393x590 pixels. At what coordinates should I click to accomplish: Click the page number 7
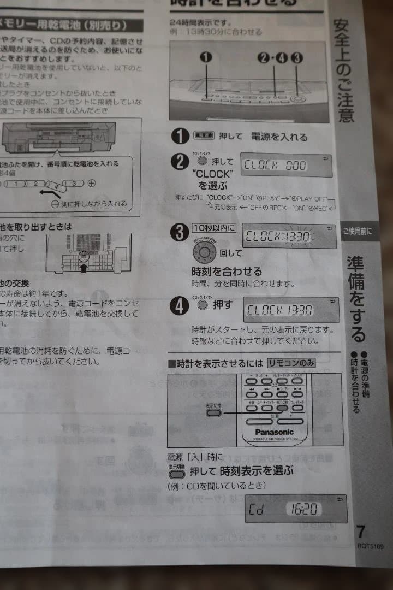coord(360,532)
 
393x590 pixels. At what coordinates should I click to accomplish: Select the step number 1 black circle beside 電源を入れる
coord(180,135)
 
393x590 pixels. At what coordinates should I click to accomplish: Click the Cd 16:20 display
coord(295,509)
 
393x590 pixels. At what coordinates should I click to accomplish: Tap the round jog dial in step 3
coord(204,252)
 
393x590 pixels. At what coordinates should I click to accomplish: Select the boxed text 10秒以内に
coord(214,228)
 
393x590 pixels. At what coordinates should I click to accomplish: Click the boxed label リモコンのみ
coord(291,363)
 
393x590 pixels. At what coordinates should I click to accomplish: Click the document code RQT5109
coord(370,545)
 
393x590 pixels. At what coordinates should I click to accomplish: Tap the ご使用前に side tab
coord(358,232)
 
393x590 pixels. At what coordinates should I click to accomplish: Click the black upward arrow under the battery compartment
coord(83,268)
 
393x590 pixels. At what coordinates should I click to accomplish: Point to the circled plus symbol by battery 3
coord(91,183)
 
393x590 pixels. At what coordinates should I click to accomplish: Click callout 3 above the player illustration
coord(297,57)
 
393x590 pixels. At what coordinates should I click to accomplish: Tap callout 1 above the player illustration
coord(206,57)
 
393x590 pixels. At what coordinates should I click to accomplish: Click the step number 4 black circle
coord(180,305)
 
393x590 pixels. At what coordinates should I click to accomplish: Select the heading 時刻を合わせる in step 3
coord(227,272)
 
